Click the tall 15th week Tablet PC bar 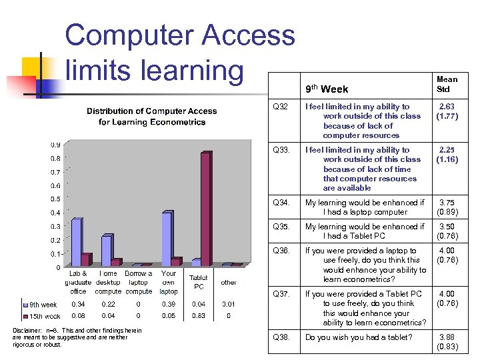tap(205, 209)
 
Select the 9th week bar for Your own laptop tap(167, 239)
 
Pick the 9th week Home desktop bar tap(106, 251)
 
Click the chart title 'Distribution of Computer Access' tap(151, 111)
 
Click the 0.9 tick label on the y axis tap(55, 144)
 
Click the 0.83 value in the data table tap(199, 316)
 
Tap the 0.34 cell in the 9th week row tap(78, 305)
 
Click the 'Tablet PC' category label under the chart tap(199, 282)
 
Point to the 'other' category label tap(229, 283)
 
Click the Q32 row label tap(281, 107)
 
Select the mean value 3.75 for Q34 tap(446, 203)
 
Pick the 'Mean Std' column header tap(447, 84)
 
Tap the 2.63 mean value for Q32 tap(446, 107)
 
